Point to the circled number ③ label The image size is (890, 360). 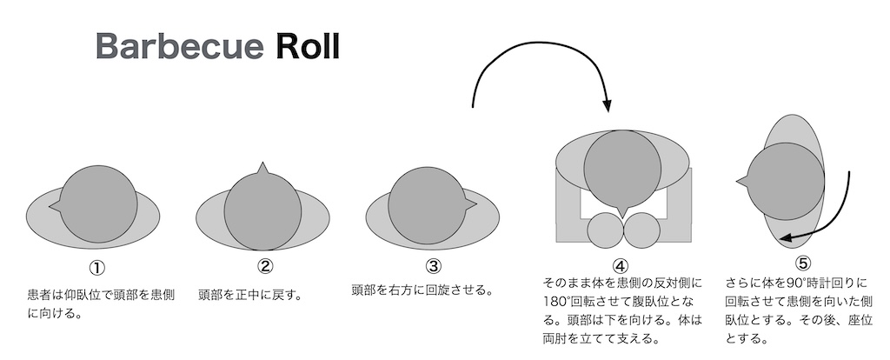pos(433,266)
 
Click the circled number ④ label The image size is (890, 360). pos(620,266)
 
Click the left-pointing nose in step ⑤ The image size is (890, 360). pos(741,181)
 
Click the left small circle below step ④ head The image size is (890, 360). pos(606,232)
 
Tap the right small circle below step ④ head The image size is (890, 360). pos(643,232)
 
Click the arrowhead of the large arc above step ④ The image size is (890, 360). pos(608,106)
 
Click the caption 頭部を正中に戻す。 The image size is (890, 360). pos(250,294)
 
